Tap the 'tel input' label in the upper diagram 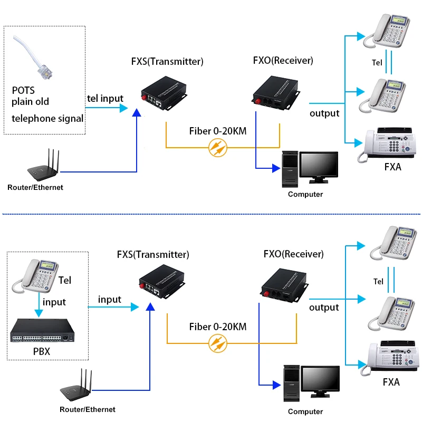point(105,98)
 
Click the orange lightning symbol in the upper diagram point(217,148)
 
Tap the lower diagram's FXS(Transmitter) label point(152,255)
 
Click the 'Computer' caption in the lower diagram point(305,411)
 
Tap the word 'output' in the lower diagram point(324,307)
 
